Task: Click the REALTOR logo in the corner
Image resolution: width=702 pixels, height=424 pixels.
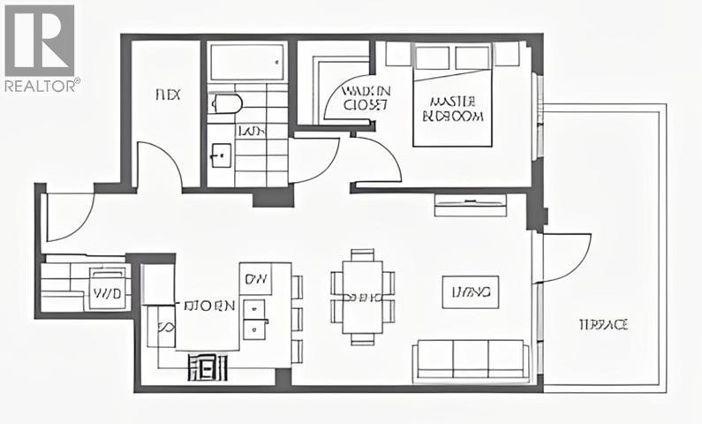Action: coord(41,48)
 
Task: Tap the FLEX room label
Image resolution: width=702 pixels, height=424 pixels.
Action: coord(168,95)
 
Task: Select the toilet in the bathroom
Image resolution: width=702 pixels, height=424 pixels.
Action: coord(225,107)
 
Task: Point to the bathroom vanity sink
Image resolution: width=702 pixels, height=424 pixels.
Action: coord(220,157)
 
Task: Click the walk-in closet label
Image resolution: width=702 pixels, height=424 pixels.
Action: coord(366,97)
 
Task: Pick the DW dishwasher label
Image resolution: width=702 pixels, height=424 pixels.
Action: coord(256,278)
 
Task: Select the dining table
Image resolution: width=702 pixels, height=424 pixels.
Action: coord(363,297)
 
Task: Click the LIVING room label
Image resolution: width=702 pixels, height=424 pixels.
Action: coord(471,291)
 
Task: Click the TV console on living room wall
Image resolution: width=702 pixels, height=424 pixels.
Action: coord(471,206)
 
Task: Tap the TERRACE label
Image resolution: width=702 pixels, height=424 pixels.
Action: coord(603,325)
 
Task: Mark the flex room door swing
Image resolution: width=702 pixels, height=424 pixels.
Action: coord(159,168)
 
